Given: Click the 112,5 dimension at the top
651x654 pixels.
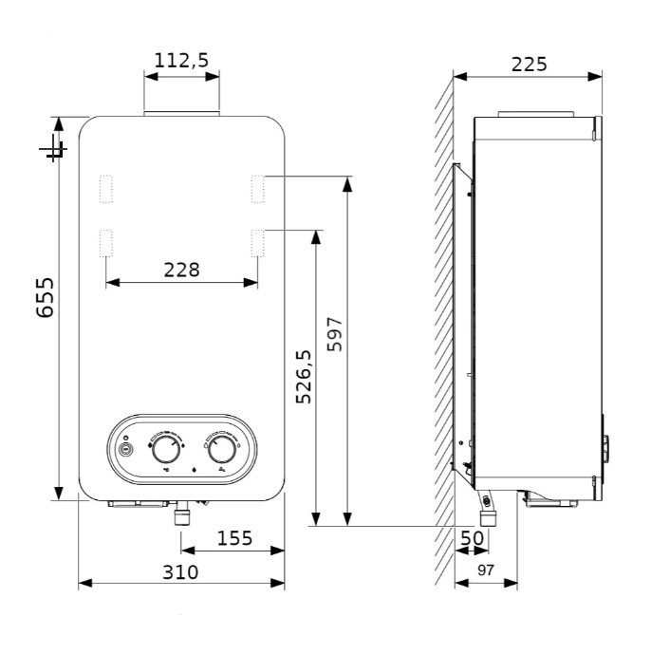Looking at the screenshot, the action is pos(181,61).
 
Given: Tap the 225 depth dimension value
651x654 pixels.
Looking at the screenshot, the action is pos(529,65).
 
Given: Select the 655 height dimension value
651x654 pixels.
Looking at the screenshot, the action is pos(45,297).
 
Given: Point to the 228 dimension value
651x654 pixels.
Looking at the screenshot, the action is pos(181,271).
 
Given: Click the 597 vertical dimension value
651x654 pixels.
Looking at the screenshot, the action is pos(334,334).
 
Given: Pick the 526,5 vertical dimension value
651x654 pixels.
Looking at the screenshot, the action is pos(304,377).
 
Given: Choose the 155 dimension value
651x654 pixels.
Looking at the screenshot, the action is pos(234,538).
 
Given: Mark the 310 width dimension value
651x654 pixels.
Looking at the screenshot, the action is pos(180,572).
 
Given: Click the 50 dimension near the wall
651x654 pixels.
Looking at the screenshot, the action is pos(472,538).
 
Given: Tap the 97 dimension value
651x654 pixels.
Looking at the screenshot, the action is pos(486,570).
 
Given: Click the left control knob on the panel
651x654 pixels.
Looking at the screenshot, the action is pos(166,450).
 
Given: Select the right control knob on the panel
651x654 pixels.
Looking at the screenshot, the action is pos(221,450).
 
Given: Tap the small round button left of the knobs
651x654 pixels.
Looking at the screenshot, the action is pos(125,449).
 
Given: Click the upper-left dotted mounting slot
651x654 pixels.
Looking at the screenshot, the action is pos(106,189).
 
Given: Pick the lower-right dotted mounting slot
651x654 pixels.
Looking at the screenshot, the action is pos(258,243).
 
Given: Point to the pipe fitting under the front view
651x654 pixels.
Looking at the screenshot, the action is pos(181,513).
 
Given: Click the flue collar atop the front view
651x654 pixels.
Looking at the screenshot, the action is pos(181,114).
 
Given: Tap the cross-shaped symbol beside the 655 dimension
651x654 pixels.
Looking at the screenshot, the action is pos(53,148).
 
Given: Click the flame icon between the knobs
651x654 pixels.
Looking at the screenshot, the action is pos(194,470).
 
